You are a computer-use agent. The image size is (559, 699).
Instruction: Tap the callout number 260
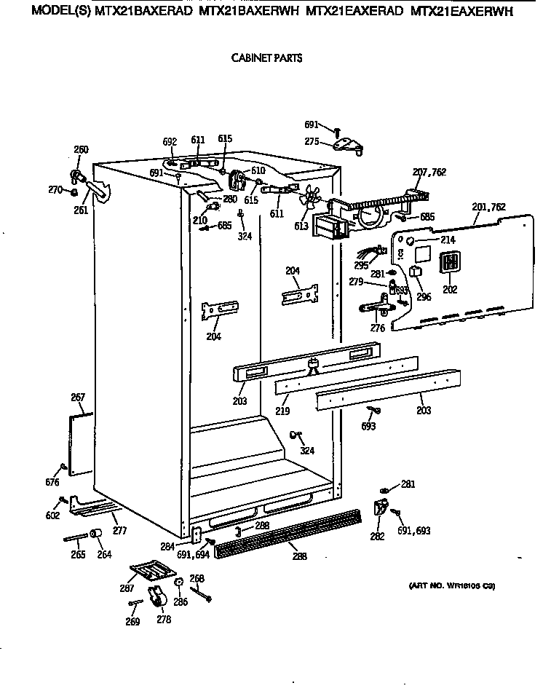81,150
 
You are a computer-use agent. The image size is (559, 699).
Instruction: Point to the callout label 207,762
429,172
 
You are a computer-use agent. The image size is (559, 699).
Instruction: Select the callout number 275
312,143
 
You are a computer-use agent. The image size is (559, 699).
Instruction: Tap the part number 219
282,411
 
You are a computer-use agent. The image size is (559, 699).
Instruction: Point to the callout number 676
52,481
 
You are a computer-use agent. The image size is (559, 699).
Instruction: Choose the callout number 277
119,531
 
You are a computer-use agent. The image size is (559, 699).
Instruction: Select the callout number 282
376,537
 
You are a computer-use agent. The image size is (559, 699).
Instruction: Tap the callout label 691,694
192,554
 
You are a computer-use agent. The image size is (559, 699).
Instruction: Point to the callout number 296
424,296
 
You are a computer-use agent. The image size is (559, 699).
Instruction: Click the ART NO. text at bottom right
448,586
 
